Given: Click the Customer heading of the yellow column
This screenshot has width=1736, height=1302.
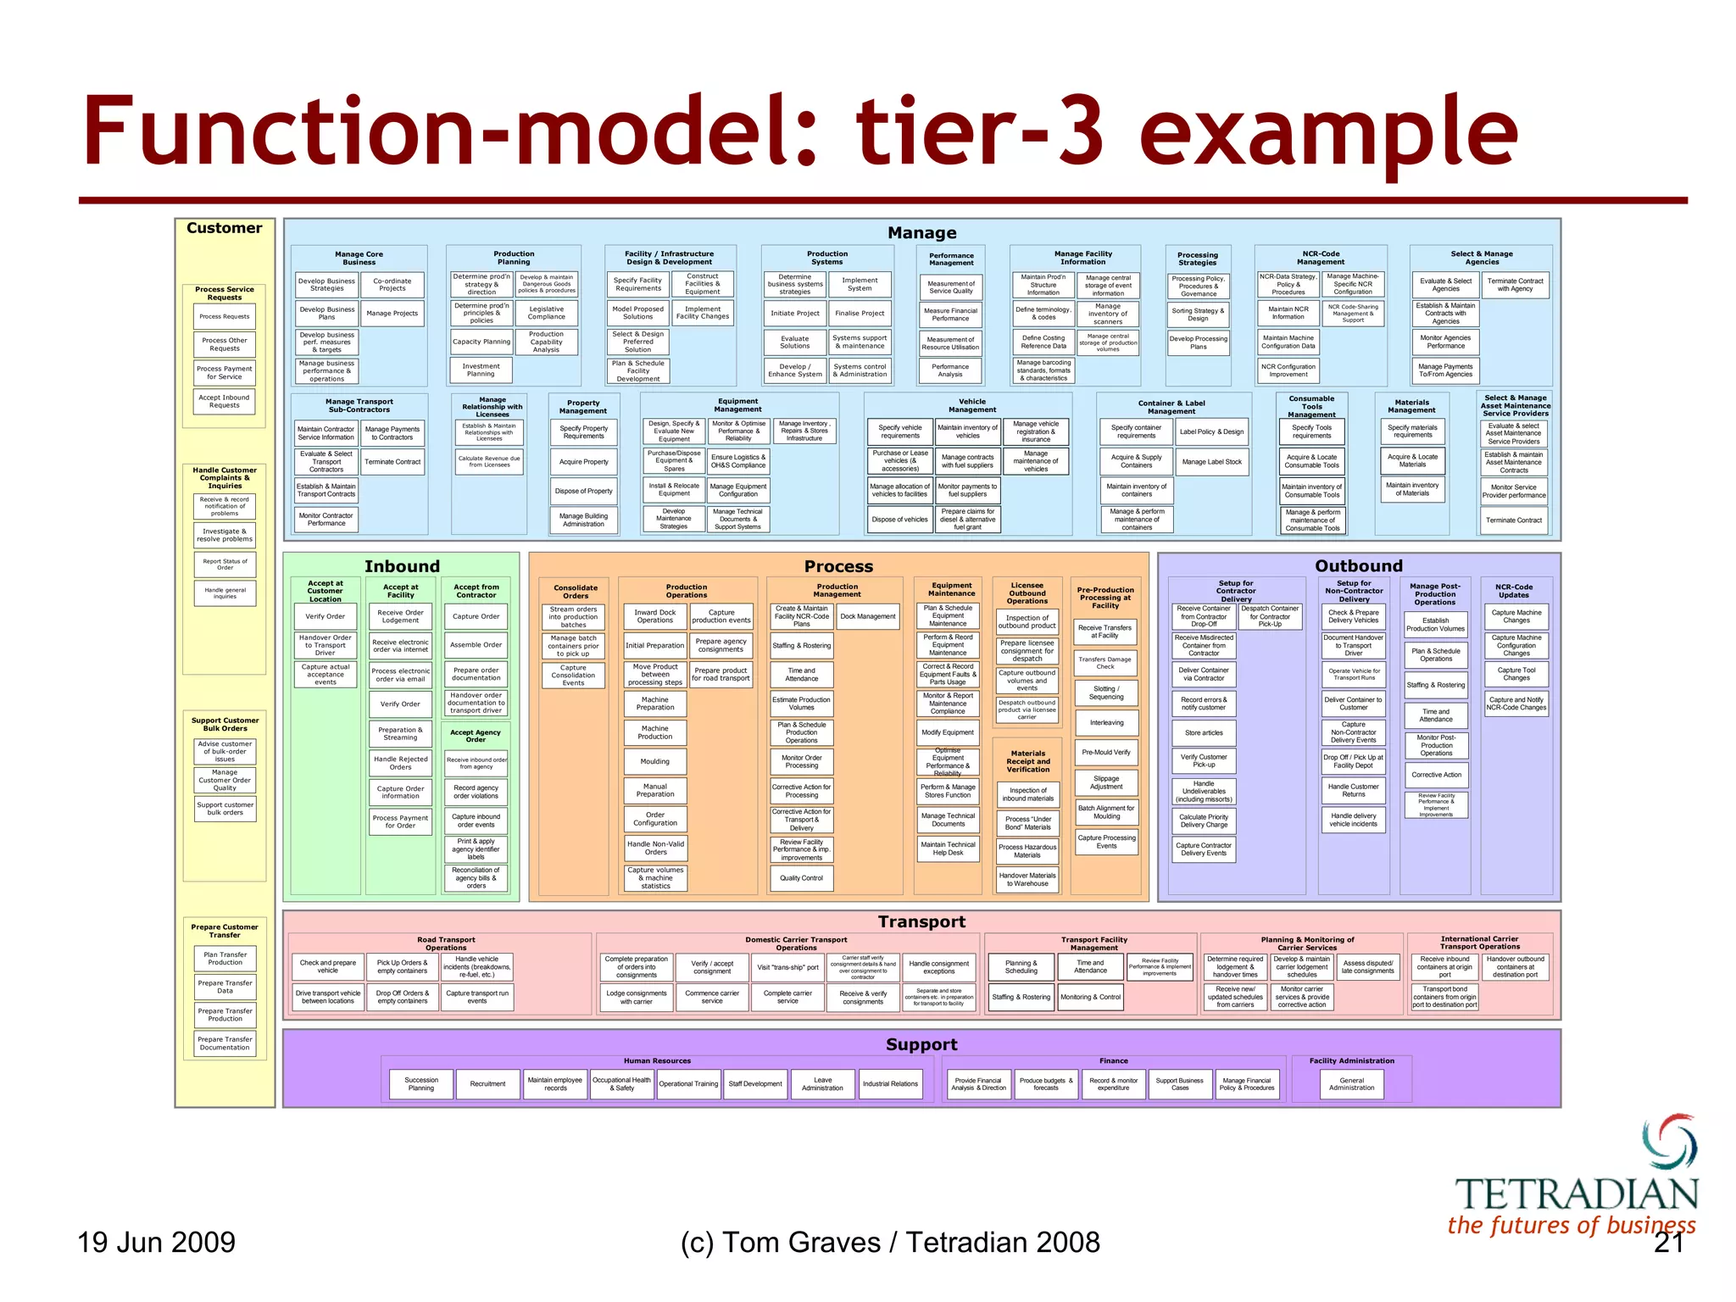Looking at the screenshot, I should (225, 228).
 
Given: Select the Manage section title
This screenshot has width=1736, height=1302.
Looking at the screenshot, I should (921, 233).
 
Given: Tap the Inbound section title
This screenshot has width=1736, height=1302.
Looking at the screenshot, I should (402, 566).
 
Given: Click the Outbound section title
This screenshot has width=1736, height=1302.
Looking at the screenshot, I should (1358, 566).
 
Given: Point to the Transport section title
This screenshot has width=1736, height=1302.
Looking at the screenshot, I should (921, 922).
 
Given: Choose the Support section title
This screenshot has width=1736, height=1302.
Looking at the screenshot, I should (921, 1045).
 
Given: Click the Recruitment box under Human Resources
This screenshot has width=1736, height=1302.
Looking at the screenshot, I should (487, 1084).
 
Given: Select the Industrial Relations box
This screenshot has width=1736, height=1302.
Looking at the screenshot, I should (890, 1084).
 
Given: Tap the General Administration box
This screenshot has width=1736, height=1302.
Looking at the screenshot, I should (1351, 1084).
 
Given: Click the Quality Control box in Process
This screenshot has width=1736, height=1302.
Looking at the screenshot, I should (801, 878).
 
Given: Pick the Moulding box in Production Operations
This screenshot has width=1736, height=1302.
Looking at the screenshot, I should (654, 761).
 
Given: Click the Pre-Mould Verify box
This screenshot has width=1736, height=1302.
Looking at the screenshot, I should (1106, 752).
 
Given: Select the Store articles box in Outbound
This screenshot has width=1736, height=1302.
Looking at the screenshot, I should (1204, 733).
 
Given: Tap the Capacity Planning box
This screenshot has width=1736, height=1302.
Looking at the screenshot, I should (481, 342).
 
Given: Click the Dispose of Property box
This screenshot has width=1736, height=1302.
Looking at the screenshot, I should (583, 492).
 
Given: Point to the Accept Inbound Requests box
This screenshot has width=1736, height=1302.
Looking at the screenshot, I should (225, 401).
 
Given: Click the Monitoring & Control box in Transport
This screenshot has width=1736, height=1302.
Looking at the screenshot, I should (1090, 997).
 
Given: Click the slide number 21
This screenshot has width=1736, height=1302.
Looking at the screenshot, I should (1668, 1243).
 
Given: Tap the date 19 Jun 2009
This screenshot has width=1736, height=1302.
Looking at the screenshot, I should (156, 1243).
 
